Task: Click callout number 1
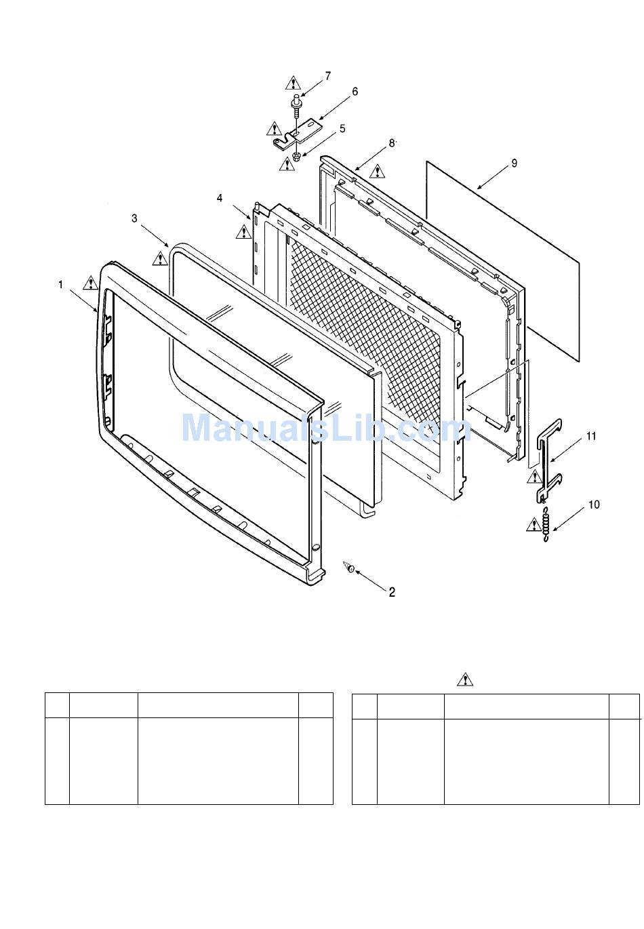(60, 285)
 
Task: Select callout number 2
(392, 592)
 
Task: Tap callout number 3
(134, 218)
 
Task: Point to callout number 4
(220, 197)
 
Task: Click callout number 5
(342, 128)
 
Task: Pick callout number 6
(355, 92)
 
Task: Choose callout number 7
(328, 76)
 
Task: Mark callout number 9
(515, 163)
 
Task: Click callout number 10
(594, 505)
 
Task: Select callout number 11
(591, 436)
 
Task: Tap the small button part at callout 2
(350, 568)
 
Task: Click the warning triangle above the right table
(465, 679)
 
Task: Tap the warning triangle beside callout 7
(292, 83)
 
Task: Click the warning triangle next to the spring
(534, 524)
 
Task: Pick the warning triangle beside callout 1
(90, 283)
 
